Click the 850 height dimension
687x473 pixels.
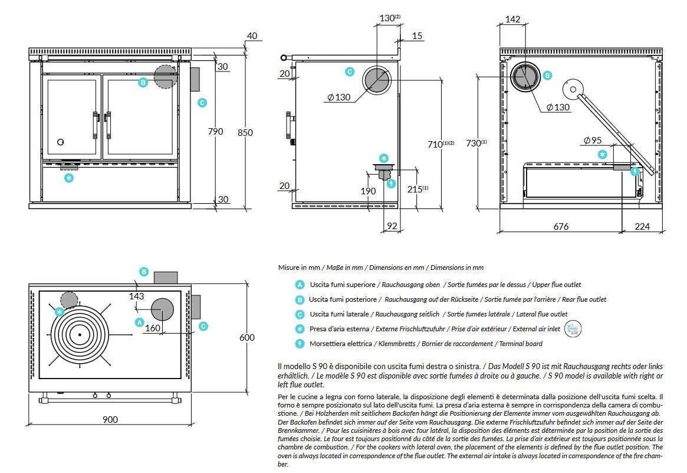pos(245,132)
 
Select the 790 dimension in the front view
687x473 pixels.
pos(216,131)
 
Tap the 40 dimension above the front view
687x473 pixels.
pos(252,36)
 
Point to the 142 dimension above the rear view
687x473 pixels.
pos(513,19)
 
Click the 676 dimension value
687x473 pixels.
pos(561,226)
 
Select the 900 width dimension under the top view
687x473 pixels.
pos(110,419)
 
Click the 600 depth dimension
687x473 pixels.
pos(247,337)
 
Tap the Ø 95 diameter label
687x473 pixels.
pos(593,141)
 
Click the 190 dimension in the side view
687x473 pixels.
pos(369,191)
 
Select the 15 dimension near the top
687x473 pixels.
pos(418,36)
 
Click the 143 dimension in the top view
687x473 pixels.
pos(136,296)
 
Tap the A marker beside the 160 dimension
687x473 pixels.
pos(140,322)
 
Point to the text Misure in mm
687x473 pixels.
pos(300,268)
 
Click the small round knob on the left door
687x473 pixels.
pos(61,142)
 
